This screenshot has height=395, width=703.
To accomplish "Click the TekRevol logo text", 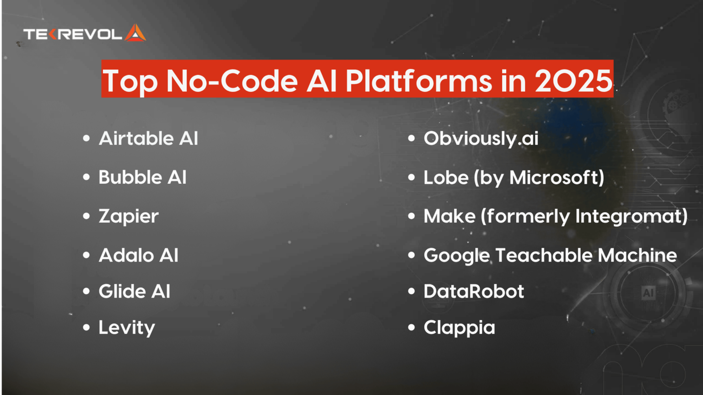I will pos(72,34).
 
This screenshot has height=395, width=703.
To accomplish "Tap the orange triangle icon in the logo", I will pos(135,33).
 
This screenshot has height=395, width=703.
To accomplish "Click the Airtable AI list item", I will pos(148,139).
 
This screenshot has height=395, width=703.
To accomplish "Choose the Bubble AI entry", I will pos(142,177).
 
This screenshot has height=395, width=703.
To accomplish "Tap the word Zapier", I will pos(129,216).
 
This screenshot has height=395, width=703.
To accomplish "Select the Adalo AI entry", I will pos(138,255).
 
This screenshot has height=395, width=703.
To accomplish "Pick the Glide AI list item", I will pos(134,291).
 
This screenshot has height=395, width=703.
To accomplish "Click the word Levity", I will pos(127,327).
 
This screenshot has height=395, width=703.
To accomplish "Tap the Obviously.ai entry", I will pos(481,139).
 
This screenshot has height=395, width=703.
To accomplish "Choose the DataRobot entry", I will pos(474,291).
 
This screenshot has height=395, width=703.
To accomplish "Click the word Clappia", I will pos(459,327).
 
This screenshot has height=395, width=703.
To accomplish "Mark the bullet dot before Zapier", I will pos(87,216).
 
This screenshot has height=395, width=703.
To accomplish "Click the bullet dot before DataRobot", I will pos(411,291).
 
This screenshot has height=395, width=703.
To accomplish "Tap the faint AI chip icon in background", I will pos(648,293).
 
